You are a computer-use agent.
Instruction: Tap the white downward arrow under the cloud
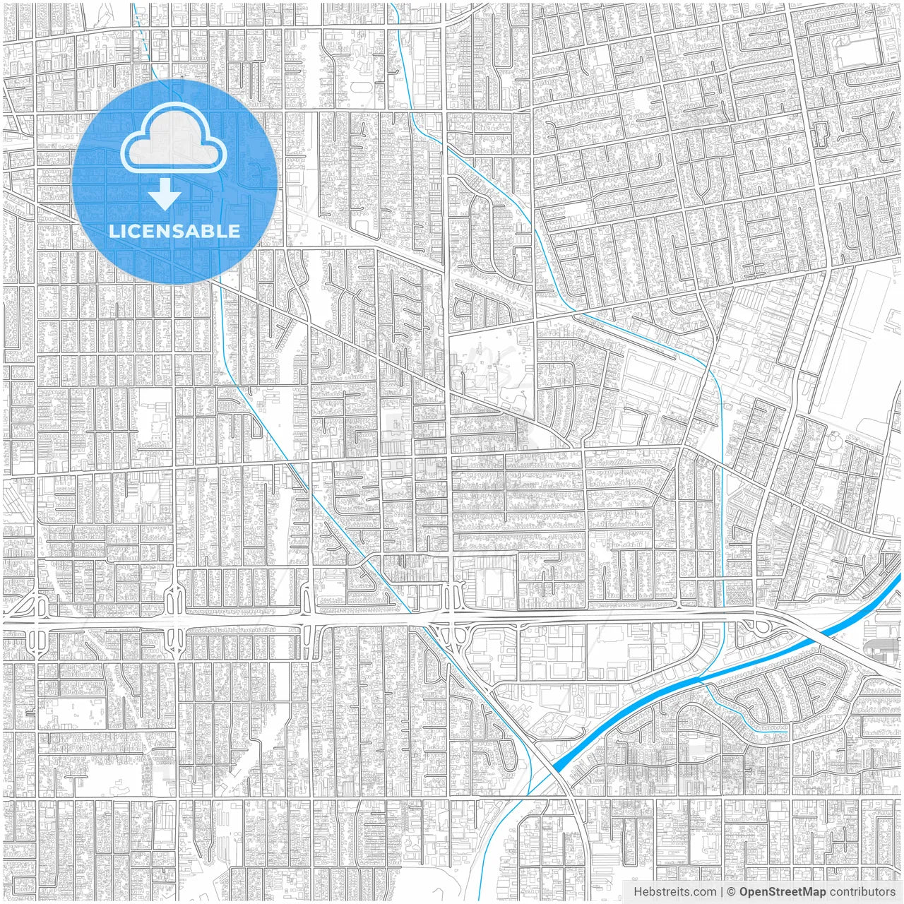click(165, 194)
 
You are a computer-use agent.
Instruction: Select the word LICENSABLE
click(174, 231)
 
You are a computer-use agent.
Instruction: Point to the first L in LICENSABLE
click(113, 231)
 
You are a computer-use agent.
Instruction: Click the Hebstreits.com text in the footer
click(674, 892)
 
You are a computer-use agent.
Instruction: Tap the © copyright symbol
click(732, 892)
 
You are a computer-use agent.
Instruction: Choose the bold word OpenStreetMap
click(783, 892)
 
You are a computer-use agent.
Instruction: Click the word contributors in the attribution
click(862, 892)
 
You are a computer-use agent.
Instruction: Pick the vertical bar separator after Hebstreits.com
click(722, 892)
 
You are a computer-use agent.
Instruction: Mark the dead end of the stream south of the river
click(787, 727)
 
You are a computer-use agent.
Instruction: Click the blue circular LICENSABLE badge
click(174, 182)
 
